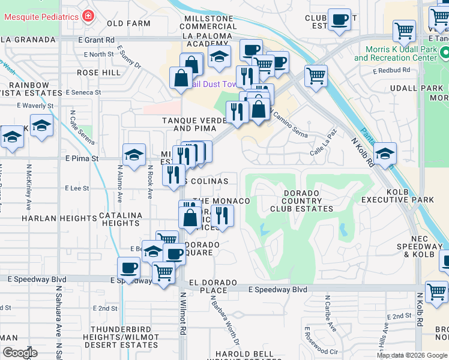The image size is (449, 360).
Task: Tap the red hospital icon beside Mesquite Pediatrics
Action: (89, 16)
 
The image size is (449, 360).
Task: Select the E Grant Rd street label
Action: (96, 40)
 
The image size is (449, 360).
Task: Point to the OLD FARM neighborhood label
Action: (128, 23)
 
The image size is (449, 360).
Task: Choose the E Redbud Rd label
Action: (391, 70)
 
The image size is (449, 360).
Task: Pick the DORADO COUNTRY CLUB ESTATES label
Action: (301, 200)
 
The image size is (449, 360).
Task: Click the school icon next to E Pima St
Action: (134, 154)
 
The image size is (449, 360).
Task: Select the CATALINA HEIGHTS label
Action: (120, 218)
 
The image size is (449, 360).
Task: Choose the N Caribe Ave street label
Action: (328, 313)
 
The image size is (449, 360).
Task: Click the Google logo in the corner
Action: (19, 353)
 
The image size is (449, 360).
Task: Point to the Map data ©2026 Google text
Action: (411, 355)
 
